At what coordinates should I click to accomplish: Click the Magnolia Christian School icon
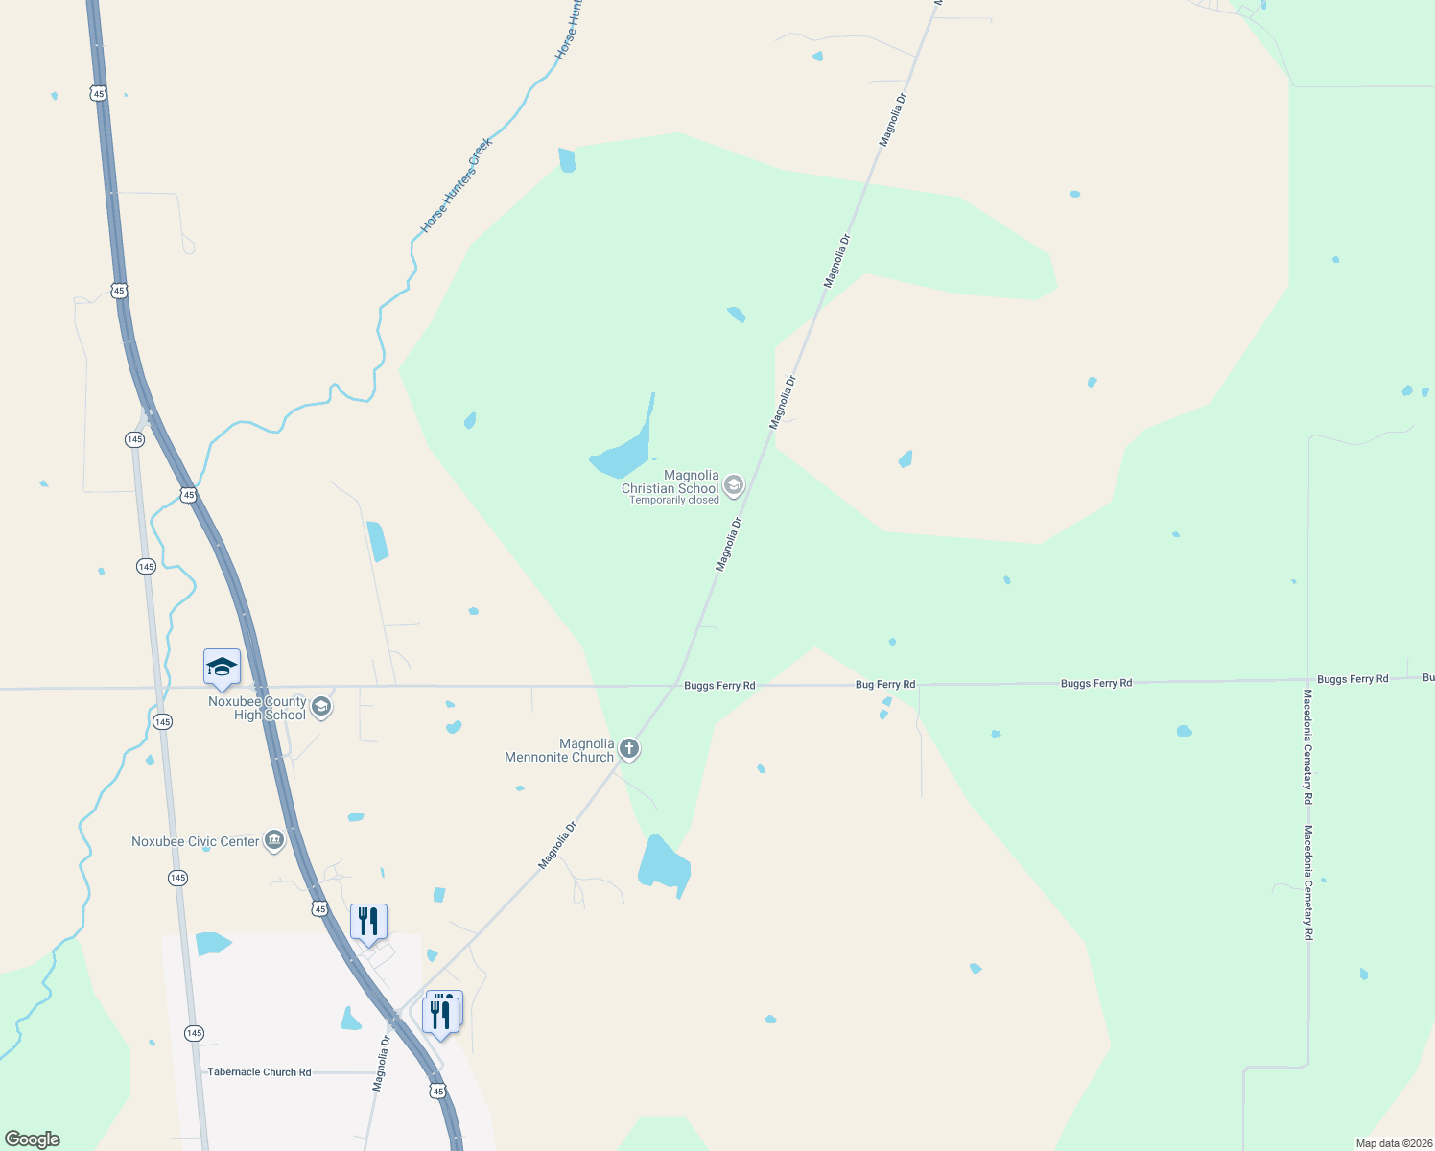(734, 485)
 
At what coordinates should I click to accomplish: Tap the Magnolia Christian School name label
(670, 482)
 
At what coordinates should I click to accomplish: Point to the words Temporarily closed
(674, 501)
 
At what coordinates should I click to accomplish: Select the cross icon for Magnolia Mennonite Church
(629, 749)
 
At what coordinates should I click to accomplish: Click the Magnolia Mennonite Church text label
(559, 751)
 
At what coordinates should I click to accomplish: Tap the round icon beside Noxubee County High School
(321, 708)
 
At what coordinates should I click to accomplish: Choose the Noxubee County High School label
(257, 709)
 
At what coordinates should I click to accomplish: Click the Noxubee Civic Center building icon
(274, 841)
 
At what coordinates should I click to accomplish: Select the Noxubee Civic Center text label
(196, 842)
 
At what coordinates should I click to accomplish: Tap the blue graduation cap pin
(222, 668)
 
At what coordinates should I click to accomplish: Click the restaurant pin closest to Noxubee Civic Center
(368, 923)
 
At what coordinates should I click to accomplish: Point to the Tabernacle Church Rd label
(259, 1072)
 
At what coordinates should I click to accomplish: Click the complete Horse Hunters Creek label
(457, 185)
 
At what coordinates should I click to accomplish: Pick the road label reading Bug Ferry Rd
(885, 685)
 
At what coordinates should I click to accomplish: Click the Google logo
(32, 1139)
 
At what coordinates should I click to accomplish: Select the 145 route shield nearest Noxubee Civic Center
(177, 878)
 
